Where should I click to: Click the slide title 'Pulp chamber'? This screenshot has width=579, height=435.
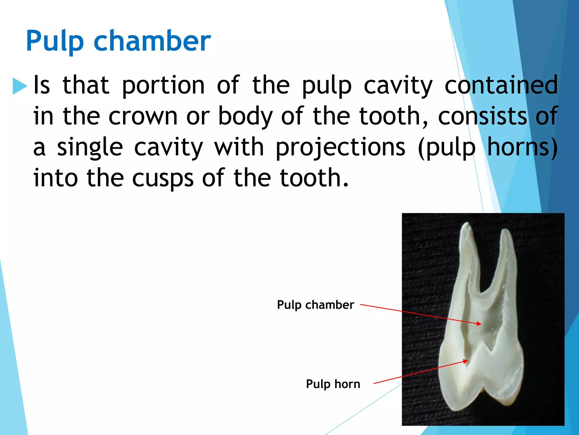(118, 41)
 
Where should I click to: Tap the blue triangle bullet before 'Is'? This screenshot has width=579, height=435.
(20, 86)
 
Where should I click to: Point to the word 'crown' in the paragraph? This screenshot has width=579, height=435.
(143, 116)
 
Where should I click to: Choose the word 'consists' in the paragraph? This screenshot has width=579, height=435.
(482, 116)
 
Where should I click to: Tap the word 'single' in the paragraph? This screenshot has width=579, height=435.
(90, 147)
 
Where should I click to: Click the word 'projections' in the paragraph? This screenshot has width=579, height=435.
(340, 147)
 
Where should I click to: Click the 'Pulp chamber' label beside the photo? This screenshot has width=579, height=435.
(315, 305)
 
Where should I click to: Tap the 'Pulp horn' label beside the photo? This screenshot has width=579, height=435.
(333, 384)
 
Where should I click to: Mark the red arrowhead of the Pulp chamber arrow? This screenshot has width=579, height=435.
(479, 324)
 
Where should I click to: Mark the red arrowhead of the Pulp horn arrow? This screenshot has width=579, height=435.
(466, 361)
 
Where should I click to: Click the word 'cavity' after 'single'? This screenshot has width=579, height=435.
(168, 147)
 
